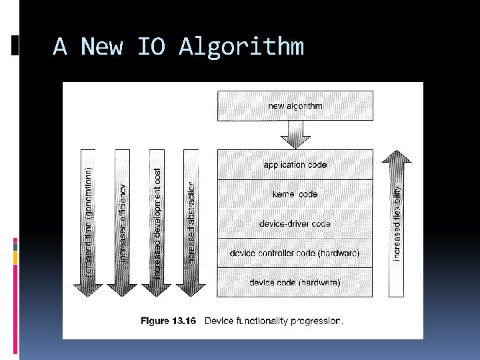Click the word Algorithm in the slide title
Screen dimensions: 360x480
pos(241,47)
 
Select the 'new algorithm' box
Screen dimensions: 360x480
pos(295,106)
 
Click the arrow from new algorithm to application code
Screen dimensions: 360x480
pos(295,134)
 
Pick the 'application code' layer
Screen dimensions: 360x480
pos(295,165)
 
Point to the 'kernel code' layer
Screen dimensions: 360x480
pos(295,194)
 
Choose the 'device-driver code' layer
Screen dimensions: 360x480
pos(295,223)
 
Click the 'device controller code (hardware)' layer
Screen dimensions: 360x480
pos(295,253)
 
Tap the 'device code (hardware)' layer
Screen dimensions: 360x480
pos(295,283)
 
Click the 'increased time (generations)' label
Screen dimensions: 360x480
pos(89,223)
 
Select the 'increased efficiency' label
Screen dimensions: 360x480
pos(122,223)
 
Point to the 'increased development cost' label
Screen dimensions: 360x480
pos(157,223)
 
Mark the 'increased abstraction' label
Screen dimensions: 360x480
pos(191,223)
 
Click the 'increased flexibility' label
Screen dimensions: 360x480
pos(397,223)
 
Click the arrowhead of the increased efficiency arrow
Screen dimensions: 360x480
pos(122,289)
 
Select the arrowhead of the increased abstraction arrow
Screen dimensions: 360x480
pos(191,289)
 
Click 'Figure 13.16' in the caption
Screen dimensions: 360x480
pos(168,321)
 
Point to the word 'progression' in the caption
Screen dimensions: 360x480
pos(317,321)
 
